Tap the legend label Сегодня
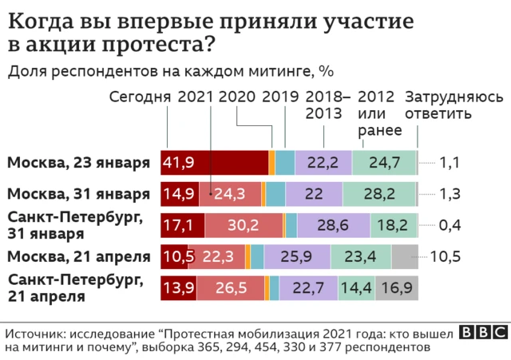(140, 97)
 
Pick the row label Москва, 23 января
(78, 163)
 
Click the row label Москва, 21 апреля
(78, 256)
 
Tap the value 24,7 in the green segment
(384, 163)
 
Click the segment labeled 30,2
(243, 225)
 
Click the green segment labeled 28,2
(379, 194)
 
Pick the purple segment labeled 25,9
(297, 256)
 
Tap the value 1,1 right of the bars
(450, 163)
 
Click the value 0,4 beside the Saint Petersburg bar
(450, 225)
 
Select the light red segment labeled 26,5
(230, 287)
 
